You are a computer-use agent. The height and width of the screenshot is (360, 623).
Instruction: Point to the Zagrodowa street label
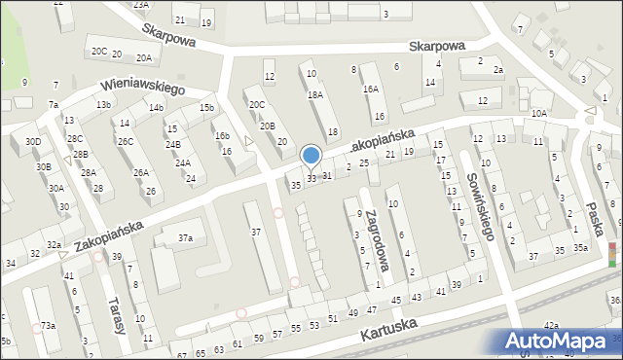click(x=368, y=242)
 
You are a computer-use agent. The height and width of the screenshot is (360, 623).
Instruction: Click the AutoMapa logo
click(x=560, y=342)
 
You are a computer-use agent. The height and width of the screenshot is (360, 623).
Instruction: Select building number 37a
click(x=184, y=237)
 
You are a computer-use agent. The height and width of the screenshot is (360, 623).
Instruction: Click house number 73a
click(x=48, y=325)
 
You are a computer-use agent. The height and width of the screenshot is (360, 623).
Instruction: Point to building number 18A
click(x=314, y=94)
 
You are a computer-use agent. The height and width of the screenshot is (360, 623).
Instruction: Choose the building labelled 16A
click(x=370, y=89)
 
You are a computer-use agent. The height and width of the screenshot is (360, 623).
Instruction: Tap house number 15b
click(x=206, y=108)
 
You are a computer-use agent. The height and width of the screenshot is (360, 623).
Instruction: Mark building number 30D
click(x=33, y=142)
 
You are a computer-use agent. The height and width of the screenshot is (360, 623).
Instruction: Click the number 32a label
click(x=54, y=245)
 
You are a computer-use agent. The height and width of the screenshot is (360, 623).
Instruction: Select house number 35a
click(x=580, y=248)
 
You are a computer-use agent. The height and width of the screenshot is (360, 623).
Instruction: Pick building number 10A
click(x=539, y=114)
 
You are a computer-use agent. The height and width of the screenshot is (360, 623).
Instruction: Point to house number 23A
click(x=141, y=5)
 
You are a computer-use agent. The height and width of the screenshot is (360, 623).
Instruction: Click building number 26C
click(x=126, y=141)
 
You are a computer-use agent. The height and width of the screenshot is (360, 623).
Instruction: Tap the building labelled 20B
click(x=267, y=126)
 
